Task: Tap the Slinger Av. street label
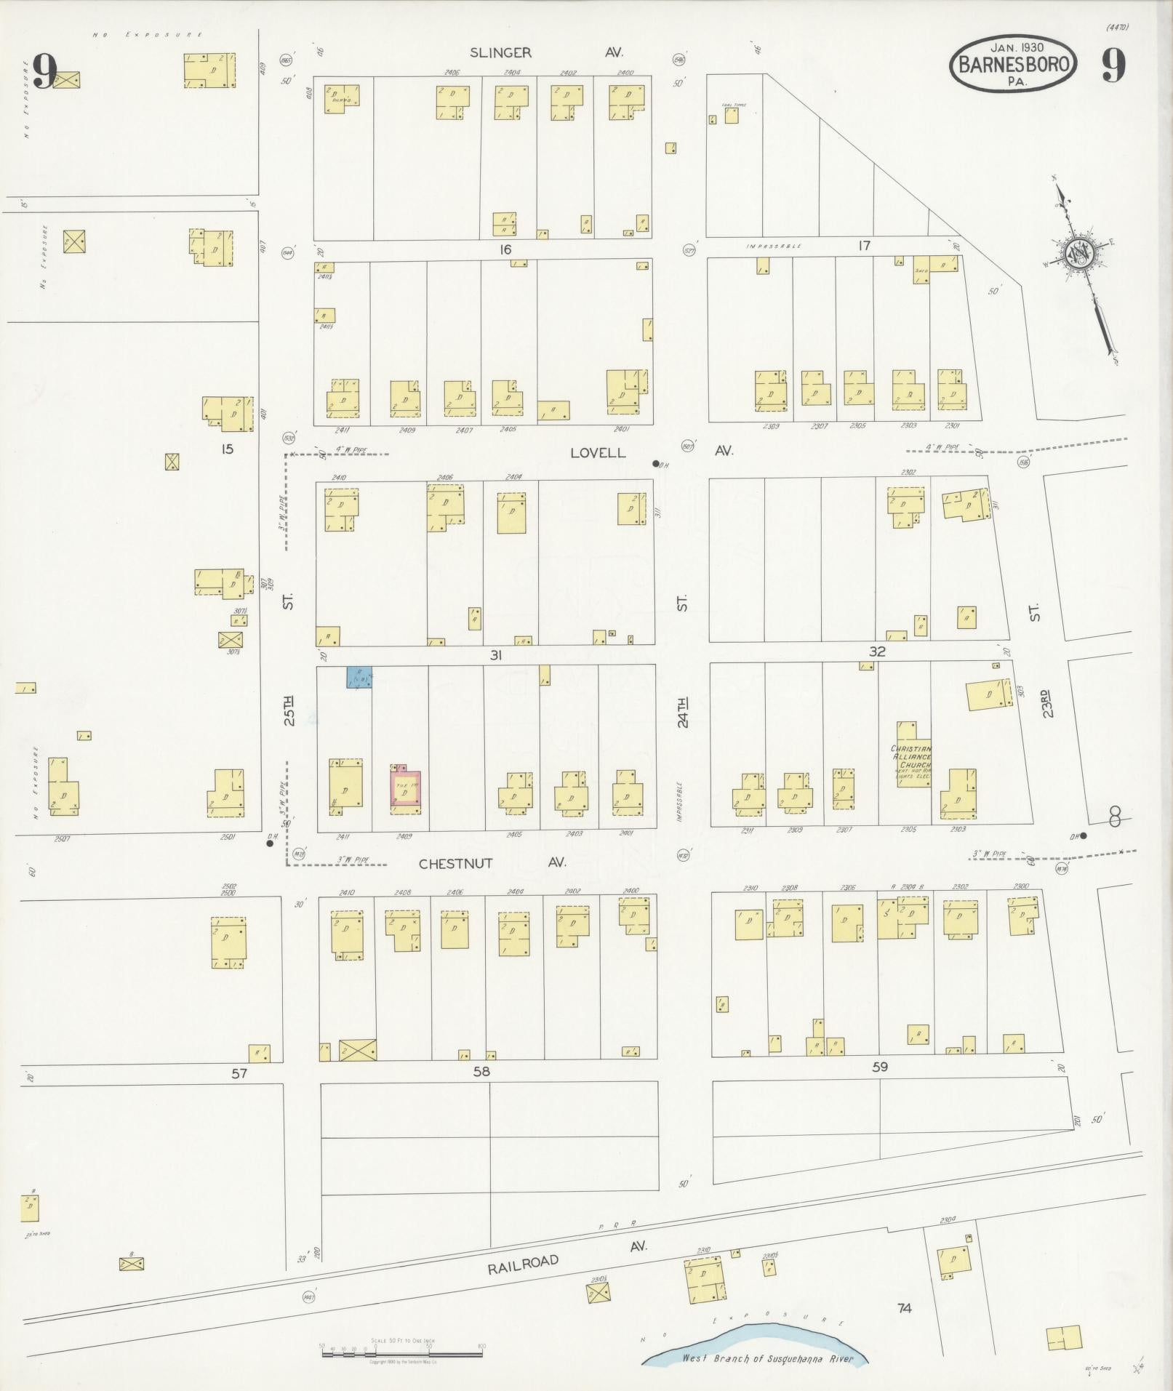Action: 545,52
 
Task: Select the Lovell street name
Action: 597,452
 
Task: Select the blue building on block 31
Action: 359,678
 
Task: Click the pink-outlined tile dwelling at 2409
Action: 405,790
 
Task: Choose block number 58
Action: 481,1071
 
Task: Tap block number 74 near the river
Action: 904,1308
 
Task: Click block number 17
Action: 864,246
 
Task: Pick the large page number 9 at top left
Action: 44,71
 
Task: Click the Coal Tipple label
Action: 733,105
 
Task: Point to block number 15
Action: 227,449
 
